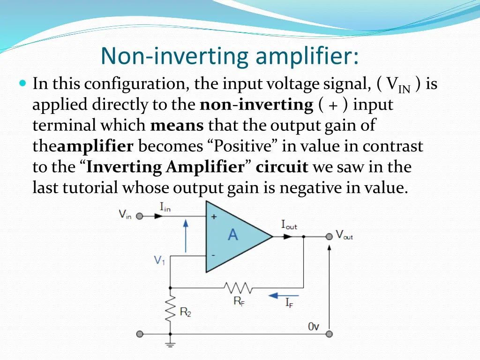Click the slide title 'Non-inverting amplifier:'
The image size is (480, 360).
230,56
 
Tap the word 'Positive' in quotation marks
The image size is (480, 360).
243,146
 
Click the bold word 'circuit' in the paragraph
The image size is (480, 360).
282,167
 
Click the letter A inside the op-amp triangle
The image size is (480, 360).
232,234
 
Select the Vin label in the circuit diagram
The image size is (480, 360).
125,215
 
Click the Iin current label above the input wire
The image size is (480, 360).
165,207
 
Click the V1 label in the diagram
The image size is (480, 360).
160,260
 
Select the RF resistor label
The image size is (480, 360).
239,301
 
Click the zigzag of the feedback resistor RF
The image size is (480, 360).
238,287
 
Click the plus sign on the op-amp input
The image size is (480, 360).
214,217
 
